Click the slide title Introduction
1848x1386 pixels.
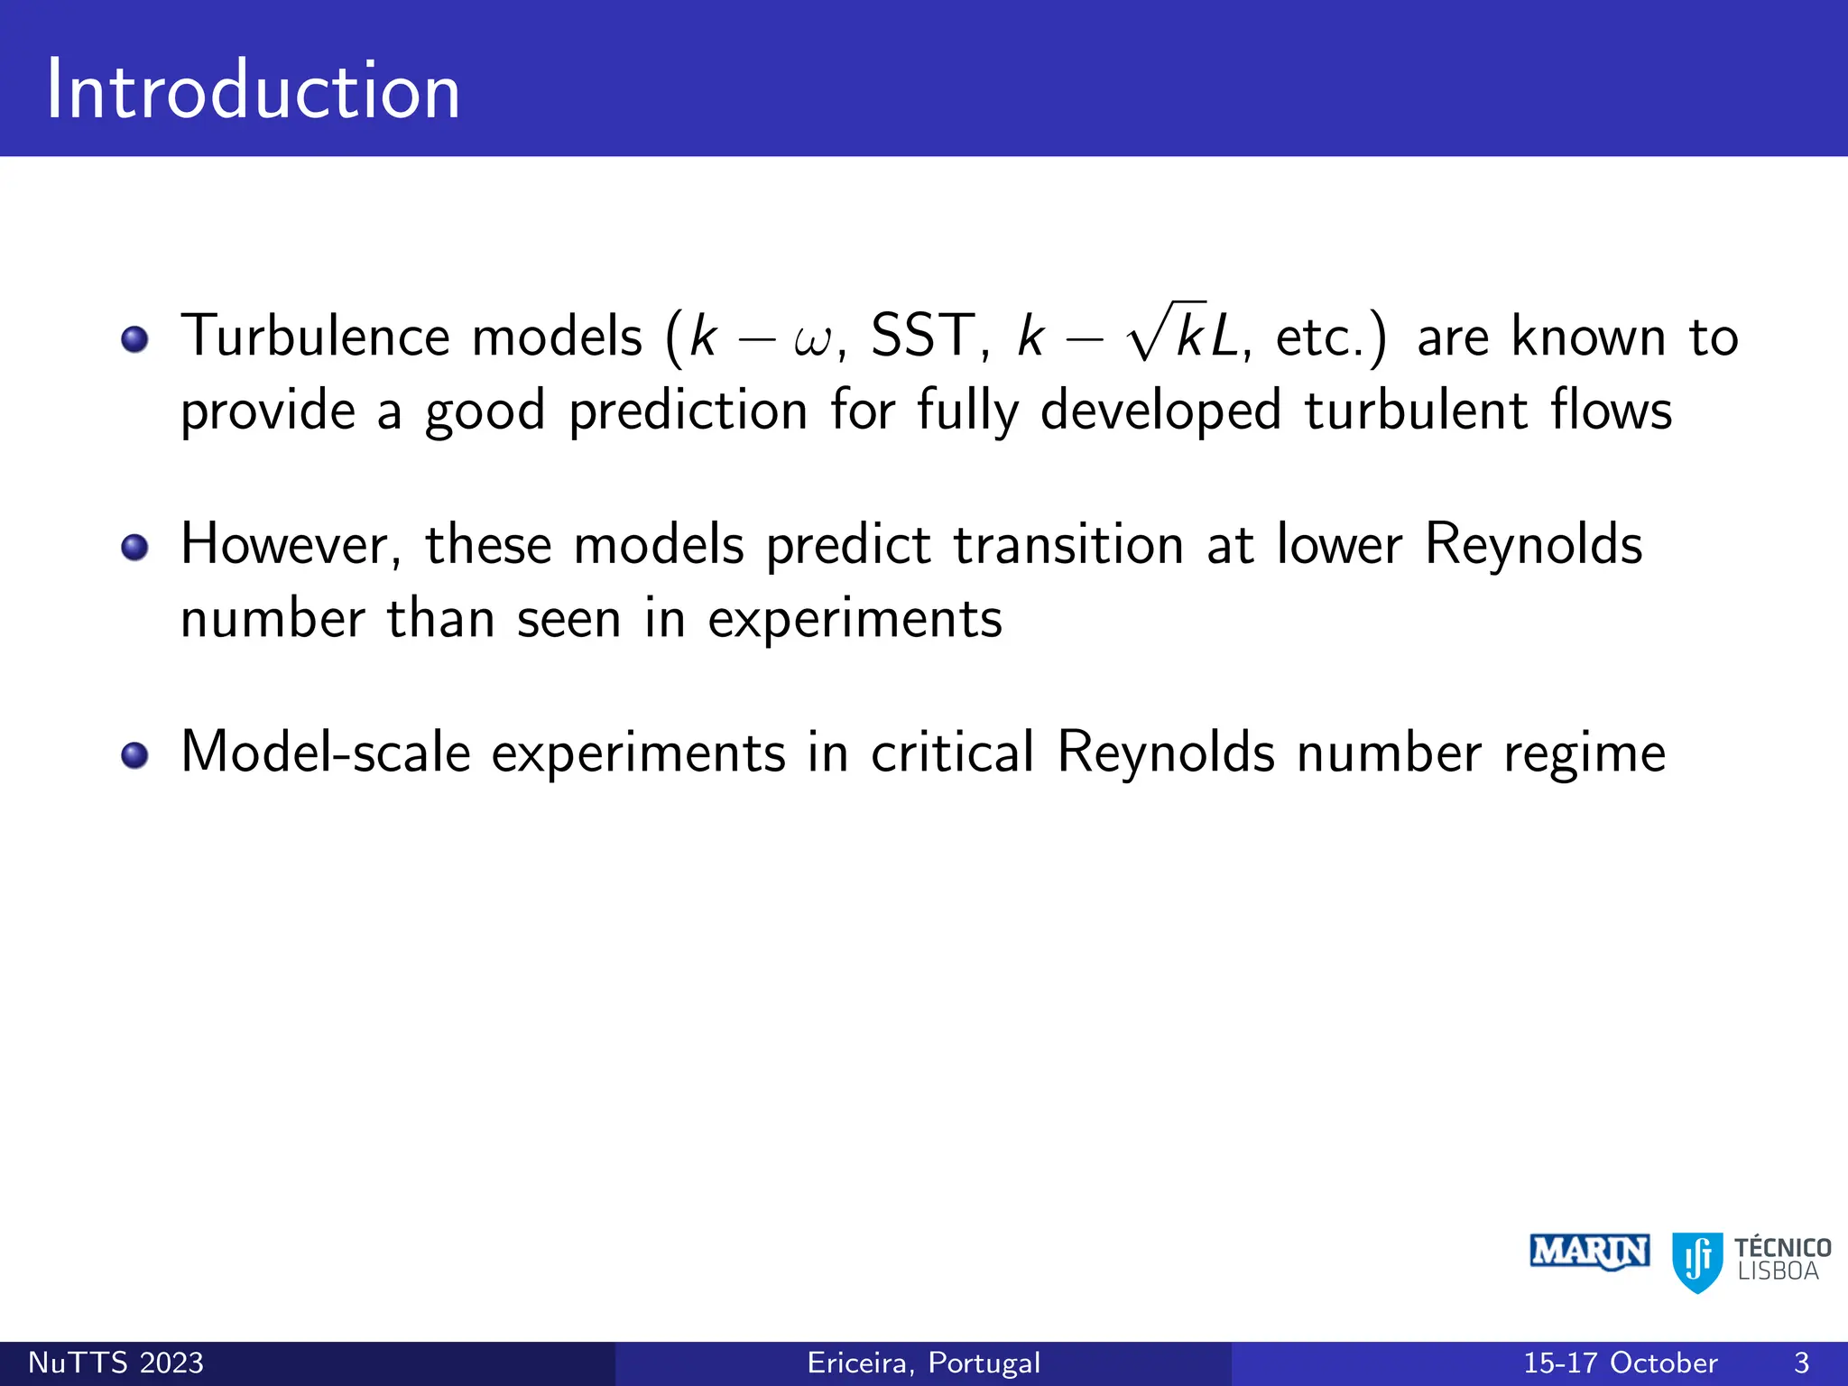(x=253, y=90)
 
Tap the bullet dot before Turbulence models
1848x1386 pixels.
(x=134, y=339)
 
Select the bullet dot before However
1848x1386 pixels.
(x=134, y=547)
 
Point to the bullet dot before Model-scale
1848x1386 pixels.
(x=134, y=754)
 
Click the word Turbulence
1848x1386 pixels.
(x=320, y=337)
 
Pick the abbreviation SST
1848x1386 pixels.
(x=922, y=337)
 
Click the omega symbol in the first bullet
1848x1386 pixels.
(x=814, y=342)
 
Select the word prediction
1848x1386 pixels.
(x=688, y=411)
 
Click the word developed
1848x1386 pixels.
(x=1160, y=411)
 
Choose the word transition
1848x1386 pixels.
(x=1068, y=545)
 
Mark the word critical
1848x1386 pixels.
(x=952, y=753)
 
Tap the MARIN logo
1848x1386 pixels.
(x=1589, y=1252)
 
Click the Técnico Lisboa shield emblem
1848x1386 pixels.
(x=1697, y=1261)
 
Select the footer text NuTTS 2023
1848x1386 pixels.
(x=116, y=1363)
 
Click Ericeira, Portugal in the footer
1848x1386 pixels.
(x=923, y=1363)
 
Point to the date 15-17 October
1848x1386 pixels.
(x=1621, y=1363)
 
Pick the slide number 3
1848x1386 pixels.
(x=1801, y=1363)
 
